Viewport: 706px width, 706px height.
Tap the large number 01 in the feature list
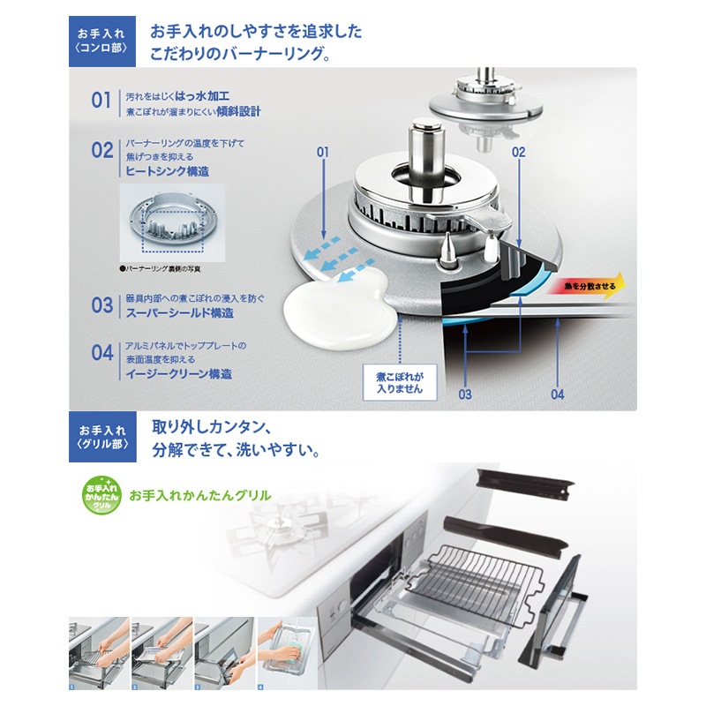pyautogui.click(x=101, y=100)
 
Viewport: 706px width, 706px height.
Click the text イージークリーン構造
pyautogui.click(x=174, y=374)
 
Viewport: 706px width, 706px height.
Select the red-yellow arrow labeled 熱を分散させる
pyautogui.click(x=586, y=286)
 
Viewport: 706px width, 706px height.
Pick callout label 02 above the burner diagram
pyautogui.click(x=518, y=153)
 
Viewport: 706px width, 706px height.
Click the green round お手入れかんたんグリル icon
pyautogui.click(x=100, y=495)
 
